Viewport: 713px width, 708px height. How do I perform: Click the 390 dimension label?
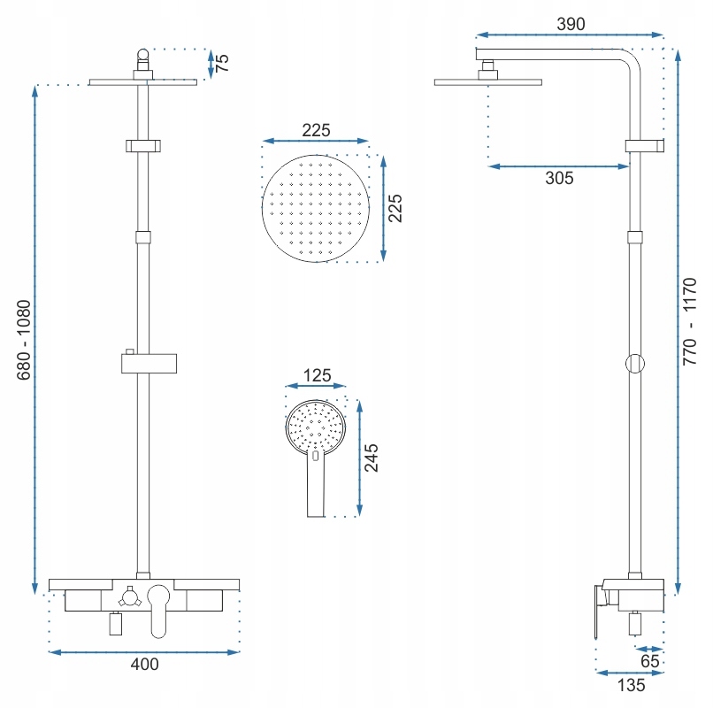pyautogui.click(x=571, y=24)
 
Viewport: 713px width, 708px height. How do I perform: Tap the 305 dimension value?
pyautogui.click(x=559, y=178)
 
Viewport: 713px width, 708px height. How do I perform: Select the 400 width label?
pyautogui.click(x=144, y=665)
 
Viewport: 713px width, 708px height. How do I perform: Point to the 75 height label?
pyautogui.click(x=221, y=63)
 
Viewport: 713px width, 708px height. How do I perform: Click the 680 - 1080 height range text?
pyautogui.click(x=24, y=340)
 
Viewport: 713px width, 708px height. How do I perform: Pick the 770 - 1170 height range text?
pyautogui.click(x=690, y=321)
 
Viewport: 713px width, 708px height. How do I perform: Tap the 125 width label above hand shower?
pyautogui.click(x=317, y=375)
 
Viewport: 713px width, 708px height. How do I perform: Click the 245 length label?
pyautogui.click(x=371, y=458)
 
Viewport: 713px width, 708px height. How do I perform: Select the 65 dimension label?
pyautogui.click(x=650, y=661)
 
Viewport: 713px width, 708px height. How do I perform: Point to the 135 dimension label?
pyautogui.click(x=631, y=685)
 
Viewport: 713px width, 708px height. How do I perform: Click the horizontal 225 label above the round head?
pyautogui.click(x=316, y=130)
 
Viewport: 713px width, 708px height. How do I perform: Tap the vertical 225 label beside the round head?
pyautogui.click(x=395, y=208)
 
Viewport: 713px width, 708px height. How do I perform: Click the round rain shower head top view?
pyautogui.click(x=316, y=208)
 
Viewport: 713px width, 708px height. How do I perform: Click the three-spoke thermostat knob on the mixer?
pyautogui.click(x=129, y=597)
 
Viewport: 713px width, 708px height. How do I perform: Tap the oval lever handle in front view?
pyautogui.click(x=158, y=611)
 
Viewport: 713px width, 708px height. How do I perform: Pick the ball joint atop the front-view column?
pyautogui.click(x=143, y=55)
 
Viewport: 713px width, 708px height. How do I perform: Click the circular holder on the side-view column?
pyautogui.click(x=635, y=364)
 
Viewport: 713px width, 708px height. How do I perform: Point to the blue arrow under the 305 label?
pyautogui.click(x=558, y=166)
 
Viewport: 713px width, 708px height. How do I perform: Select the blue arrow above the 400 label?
pyautogui.click(x=143, y=652)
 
